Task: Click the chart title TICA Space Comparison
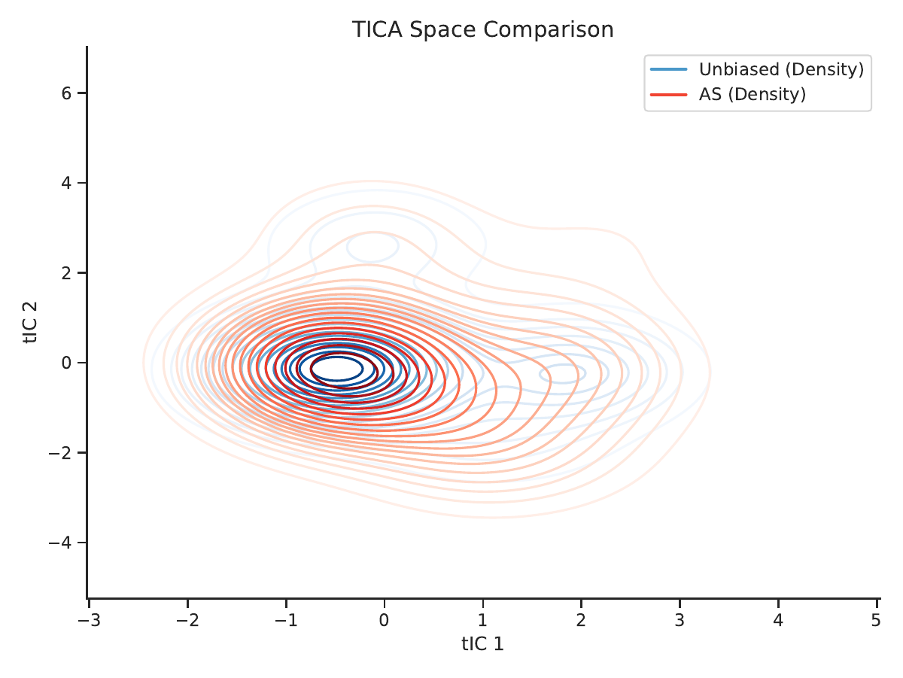click(482, 29)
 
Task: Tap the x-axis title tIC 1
click(482, 644)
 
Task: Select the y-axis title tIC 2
click(30, 322)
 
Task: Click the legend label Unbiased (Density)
click(781, 69)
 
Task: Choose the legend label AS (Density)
click(752, 94)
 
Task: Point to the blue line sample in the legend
click(668, 69)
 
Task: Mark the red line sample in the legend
click(668, 95)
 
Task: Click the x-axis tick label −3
click(90, 620)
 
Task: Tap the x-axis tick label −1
click(287, 620)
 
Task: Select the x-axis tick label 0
click(385, 620)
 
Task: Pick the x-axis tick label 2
click(581, 620)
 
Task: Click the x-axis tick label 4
click(778, 620)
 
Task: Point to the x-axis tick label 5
click(876, 620)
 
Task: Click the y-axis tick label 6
click(67, 93)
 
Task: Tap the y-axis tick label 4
click(67, 183)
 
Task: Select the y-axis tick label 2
click(67, 272)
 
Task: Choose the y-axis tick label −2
click(60, 453)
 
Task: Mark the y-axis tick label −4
click(60, 543)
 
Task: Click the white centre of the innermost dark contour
click(337, 369)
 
